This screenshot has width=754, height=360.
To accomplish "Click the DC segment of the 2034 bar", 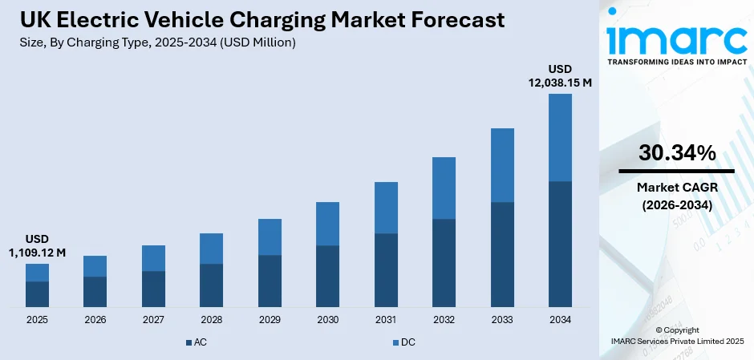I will pyautogui.click(x=560, y=137).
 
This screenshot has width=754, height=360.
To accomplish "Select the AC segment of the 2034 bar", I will pyautogui.click(x=560, y=244).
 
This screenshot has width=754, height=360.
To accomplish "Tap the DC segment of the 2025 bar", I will pyautogui.click(x=37, y=273).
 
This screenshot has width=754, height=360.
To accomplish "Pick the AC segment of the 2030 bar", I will pyautogui.click(x=327, y=276).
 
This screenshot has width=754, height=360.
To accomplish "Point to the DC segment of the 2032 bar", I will pyautogui.click(x=444, y=188).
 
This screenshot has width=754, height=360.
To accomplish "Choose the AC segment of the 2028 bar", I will pyautogui.click(x=211, y=285).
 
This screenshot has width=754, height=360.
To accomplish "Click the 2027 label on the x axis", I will pyautogui.click(x=153, y=320).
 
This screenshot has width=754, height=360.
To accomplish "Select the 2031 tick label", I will pyautogui.click(x=386, y=320).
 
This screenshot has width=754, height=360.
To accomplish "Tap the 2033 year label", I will pyautogui.click(x=502, y=320).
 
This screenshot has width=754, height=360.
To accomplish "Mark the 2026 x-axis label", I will pyautogui.click(x=95, y=320).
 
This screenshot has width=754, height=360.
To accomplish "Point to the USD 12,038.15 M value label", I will pyautogui.click(x=560, y=75).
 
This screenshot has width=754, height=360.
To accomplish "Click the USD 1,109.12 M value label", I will pyautogui.click(x=37, y=245).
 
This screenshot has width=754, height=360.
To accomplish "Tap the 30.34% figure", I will pyautogui.click(x=677, y=154).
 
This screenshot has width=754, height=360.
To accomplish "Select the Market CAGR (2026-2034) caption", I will pyautogui.click(x=677, y=196).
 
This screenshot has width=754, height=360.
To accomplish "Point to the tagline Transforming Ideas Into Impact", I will pyautogui.click(x=675, y=61).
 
